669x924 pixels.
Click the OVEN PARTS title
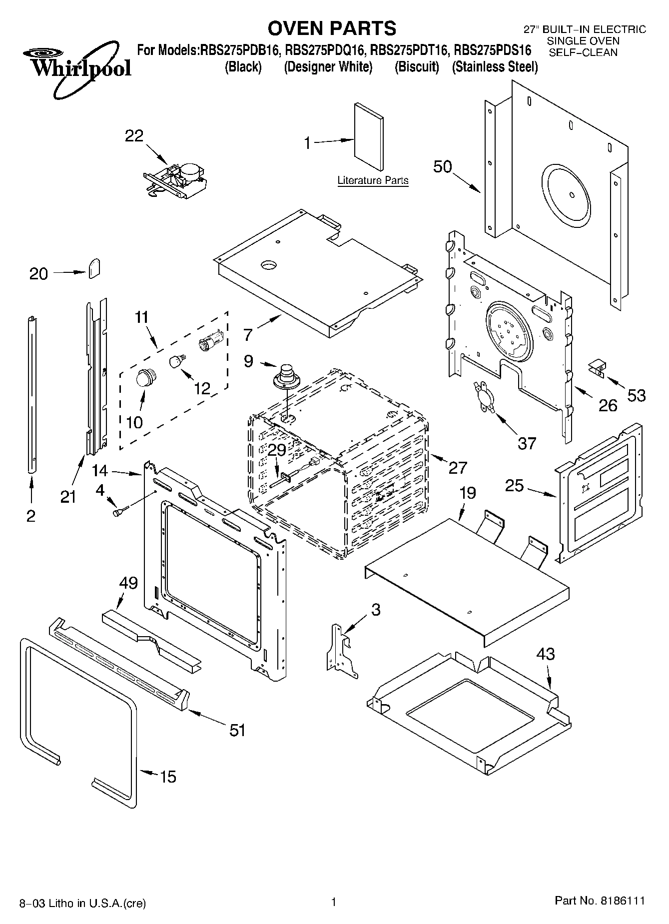click(332, 28)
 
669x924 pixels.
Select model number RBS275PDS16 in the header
click(492, 50)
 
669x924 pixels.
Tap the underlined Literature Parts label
click(373, 180)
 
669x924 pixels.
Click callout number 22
click(134, 136)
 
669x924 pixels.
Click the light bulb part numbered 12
click(176, 361)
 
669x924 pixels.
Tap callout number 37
click(527, 442)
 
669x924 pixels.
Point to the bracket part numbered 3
click(342, 650)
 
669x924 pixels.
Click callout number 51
click(237, 730)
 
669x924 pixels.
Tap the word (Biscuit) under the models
click(417, 67)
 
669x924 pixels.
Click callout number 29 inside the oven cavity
click(277, 450)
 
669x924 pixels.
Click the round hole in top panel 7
click(269, 263)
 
